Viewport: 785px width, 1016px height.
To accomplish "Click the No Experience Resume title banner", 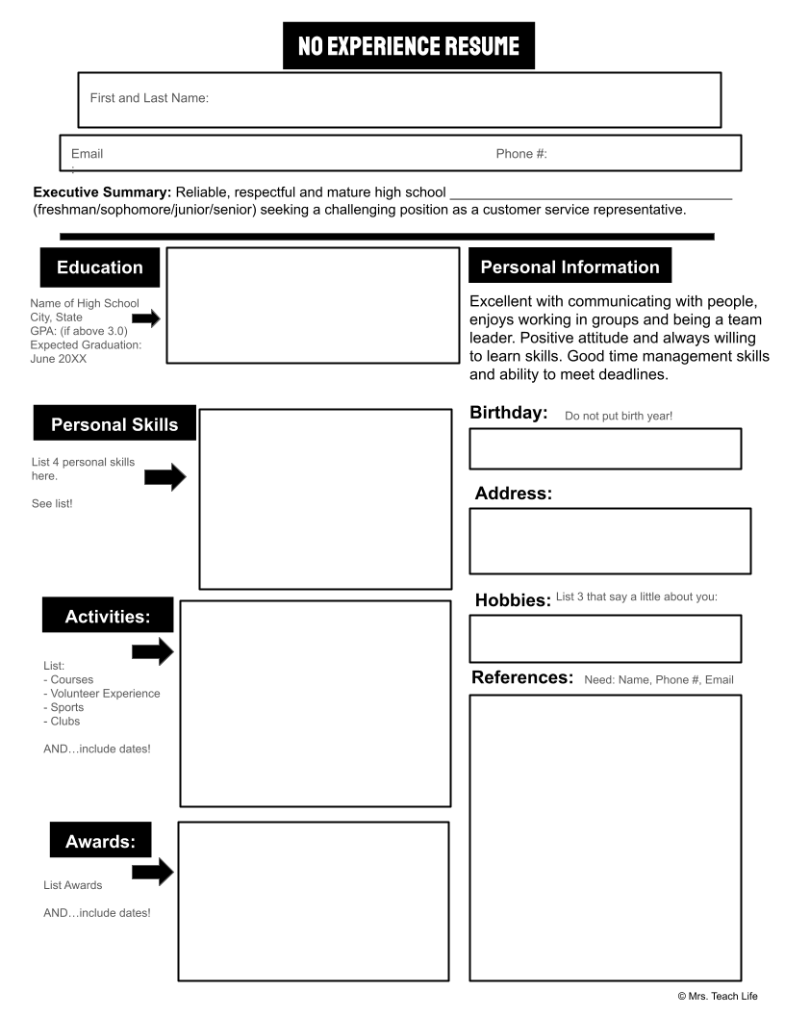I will coord(408,46).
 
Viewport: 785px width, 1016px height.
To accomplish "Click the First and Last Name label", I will coord(149,98).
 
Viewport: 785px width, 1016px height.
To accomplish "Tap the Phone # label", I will coord(521,154).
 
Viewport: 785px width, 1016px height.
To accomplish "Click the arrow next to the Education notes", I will coord(146,318).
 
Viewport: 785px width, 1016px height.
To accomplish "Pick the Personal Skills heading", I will coord(114,424).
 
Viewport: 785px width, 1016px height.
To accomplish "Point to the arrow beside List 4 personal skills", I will coord(165,475).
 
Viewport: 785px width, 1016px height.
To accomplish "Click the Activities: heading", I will coord(108,617).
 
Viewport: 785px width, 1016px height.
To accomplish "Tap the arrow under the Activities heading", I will coord(152,651).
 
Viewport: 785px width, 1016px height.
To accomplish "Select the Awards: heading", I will coord(100,842).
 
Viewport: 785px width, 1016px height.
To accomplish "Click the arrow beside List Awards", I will coord(152,872).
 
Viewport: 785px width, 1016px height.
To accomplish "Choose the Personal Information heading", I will coord(570,267).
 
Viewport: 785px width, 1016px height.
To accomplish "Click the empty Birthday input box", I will coord(605,448).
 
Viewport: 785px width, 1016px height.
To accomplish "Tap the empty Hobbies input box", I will coord(605,639).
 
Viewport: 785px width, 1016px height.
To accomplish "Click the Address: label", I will coord(514,494).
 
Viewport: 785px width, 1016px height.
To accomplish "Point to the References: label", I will coord(522,677).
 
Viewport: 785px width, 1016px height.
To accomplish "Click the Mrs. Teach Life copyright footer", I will coord(718,996).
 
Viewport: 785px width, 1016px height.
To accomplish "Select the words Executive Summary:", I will coord(102,192).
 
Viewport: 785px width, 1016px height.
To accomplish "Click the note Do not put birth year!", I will coord(619,416).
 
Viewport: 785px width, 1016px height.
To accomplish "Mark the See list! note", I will coord(52,503).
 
